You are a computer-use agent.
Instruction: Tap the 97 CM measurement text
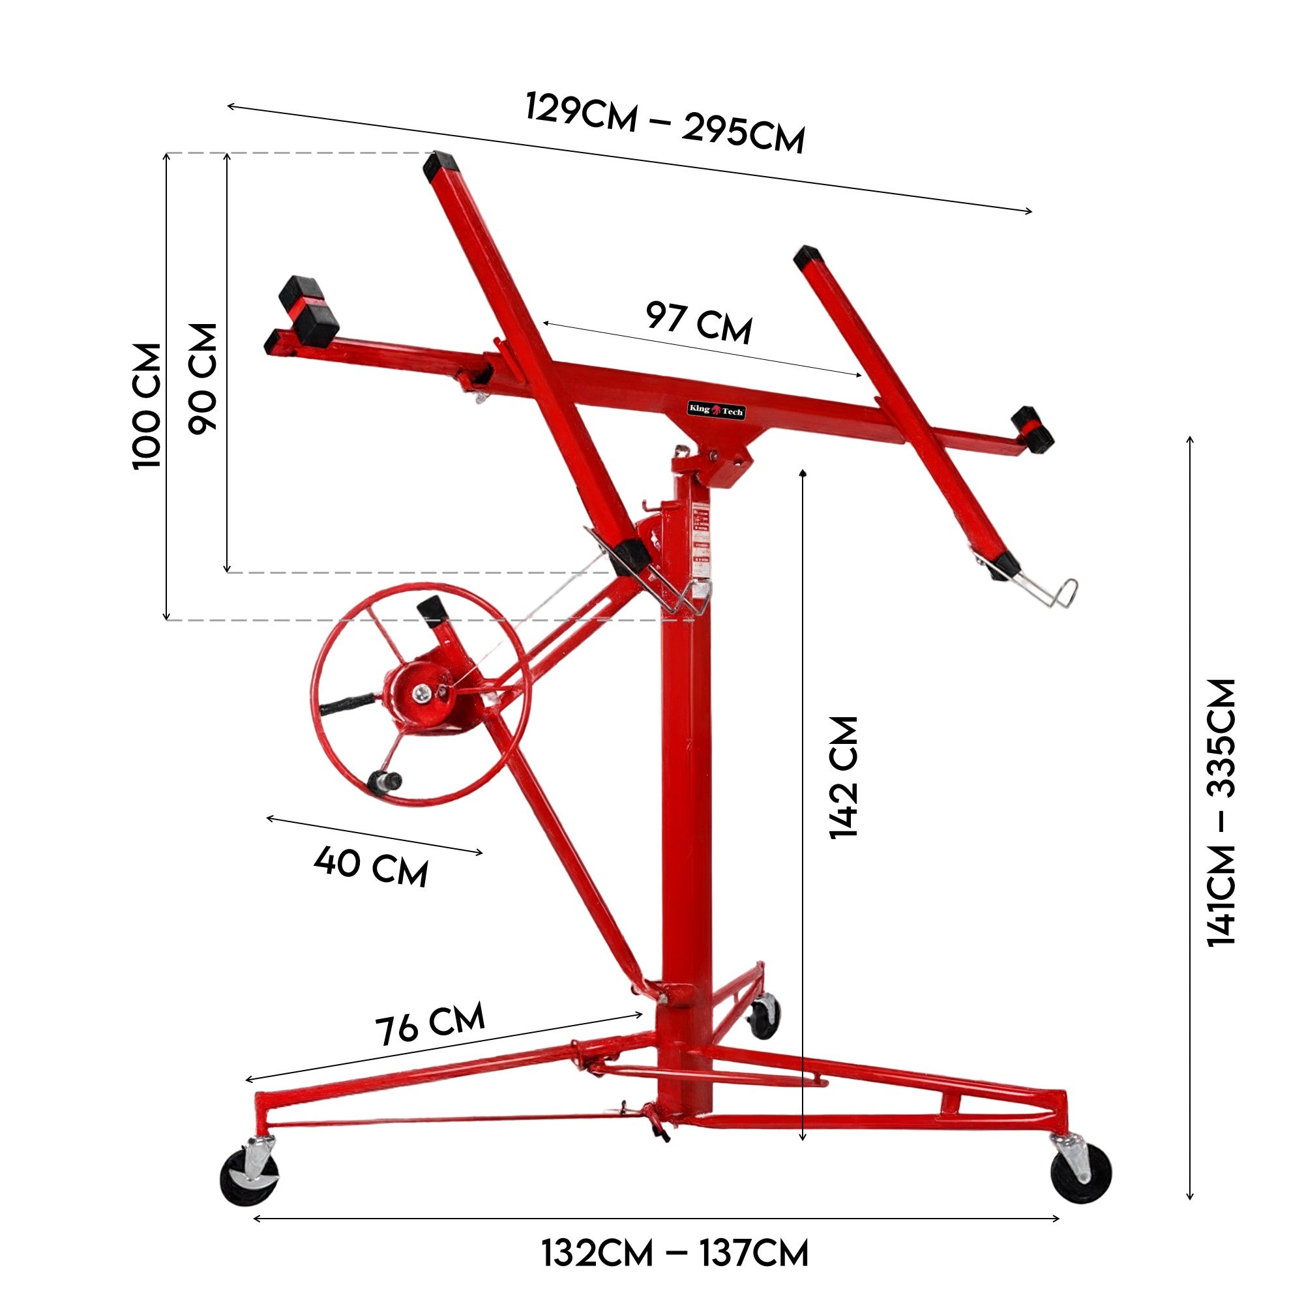[698, 323]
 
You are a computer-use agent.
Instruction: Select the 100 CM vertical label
[148, 406]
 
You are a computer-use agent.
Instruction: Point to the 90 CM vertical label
[203, 378]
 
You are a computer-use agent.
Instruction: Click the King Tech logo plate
[716, 409]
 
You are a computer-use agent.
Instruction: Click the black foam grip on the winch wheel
[345, 704]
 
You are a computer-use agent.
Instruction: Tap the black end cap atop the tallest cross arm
[439, 165]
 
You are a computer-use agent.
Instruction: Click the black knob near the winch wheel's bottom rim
[385, 782]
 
